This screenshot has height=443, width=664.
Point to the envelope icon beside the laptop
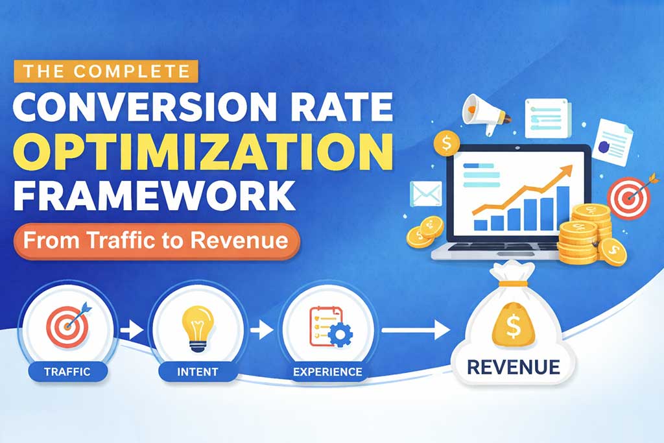coord(426,193)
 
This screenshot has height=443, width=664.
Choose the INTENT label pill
coord(197,372)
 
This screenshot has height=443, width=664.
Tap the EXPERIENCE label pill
coord(327,372)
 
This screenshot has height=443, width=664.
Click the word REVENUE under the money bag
coord(513,367)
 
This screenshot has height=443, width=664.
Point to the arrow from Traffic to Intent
coord(132,331)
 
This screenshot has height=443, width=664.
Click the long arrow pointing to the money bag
coord(415,331)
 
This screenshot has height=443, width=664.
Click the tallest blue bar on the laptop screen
coord(563,207)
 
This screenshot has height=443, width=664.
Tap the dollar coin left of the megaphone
coord(447,143)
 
